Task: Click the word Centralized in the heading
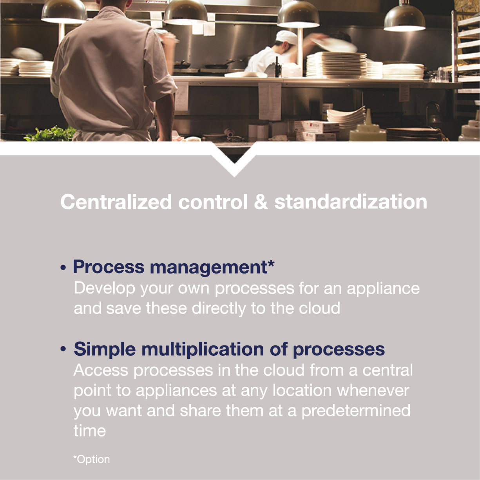click(116, 202)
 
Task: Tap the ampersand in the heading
click(261, 202)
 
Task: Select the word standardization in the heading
click(351, 202)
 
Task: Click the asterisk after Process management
click(271, 263)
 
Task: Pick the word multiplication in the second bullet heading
click(203, 349)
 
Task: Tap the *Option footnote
click(91, 459)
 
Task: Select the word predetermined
click(356, 411)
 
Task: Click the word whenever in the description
click(373, 390)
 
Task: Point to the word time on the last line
click(90, 431)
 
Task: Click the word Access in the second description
click(101, 370)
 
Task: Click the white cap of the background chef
click(286, 37)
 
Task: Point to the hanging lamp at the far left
click(64, 13)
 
